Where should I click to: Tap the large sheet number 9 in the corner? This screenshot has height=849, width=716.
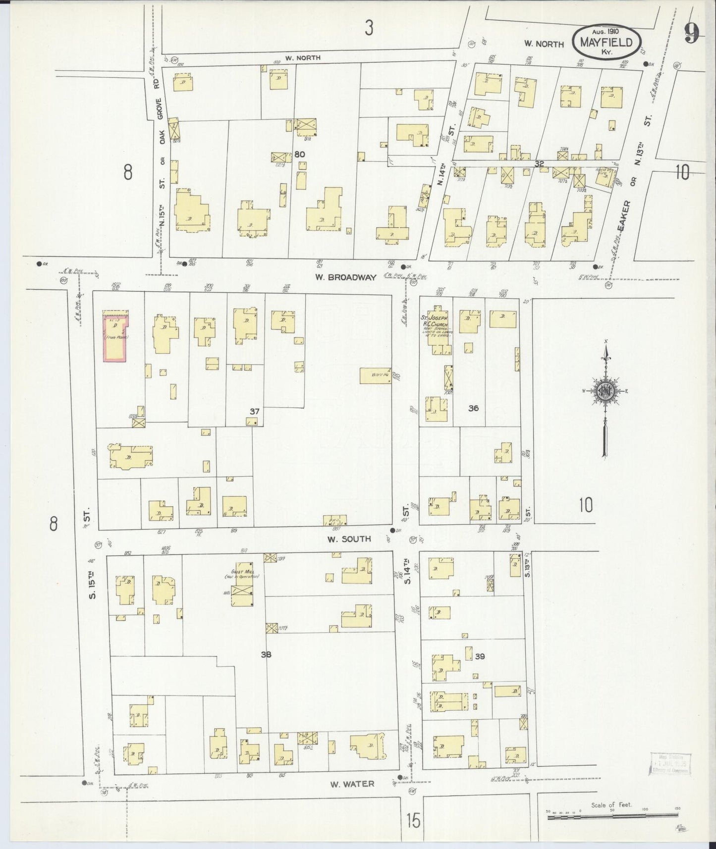[x=692, y=34]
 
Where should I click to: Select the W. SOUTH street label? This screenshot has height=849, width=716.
[x=348, y=538]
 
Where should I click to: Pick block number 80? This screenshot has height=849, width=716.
[x=299, y=154]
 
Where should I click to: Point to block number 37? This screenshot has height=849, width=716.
[x=255, y=411]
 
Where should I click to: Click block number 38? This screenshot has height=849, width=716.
[x=266, y=654]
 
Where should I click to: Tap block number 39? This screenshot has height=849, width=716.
[x=479, y=656]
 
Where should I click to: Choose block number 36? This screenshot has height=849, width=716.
[x=473, y=408]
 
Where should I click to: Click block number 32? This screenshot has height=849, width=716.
[x=540, y=163]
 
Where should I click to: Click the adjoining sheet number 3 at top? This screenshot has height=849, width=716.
[x=368, y=29]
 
